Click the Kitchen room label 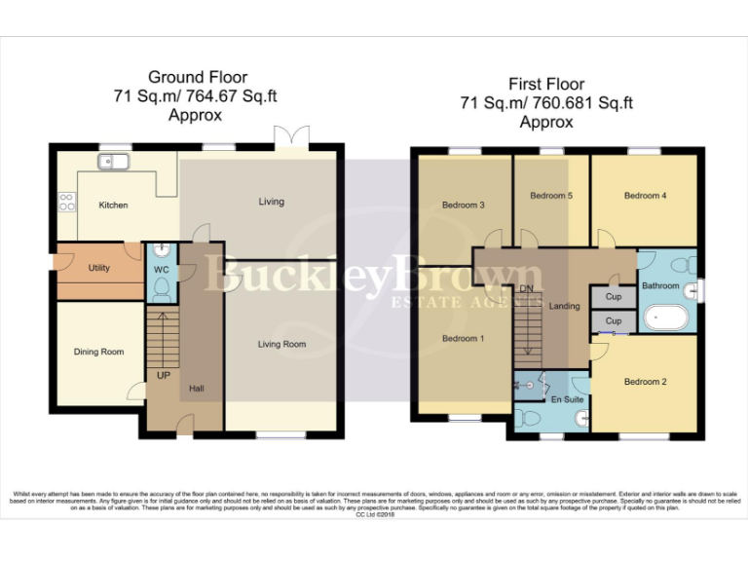coord(113,206)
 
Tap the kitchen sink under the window coord(107,161)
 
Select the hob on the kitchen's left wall coord(67,202)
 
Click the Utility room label coord(98,267)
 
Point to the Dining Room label coord(98,352)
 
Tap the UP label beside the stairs coord(163,374)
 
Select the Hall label coord(196,389)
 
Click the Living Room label coord(281,344)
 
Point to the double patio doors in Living coord(292,139)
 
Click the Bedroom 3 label coord(463,206)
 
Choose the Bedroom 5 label coord(550,196)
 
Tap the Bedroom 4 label coord(645,196)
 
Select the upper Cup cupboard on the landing coord(613,296)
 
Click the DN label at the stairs coord(527,289)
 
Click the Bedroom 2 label coord(645,382)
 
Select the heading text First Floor coord(545,86)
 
